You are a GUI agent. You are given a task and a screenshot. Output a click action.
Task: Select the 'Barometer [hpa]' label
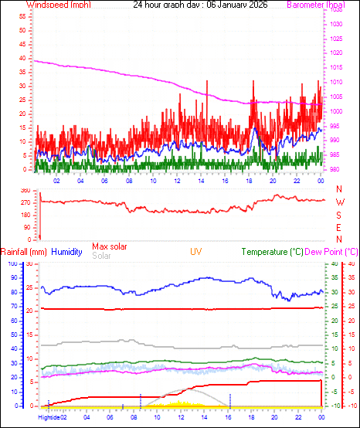(314, 5)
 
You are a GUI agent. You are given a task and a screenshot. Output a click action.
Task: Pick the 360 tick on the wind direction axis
(25, 190)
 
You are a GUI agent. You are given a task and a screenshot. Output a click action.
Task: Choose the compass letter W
(338, 202)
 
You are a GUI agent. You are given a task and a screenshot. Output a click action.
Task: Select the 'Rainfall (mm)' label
(24, 252)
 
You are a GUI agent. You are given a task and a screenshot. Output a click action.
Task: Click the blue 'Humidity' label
(67, 252)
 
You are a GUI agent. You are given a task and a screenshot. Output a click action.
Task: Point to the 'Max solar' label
(110, 246)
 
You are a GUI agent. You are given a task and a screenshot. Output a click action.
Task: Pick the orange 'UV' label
(196, 252)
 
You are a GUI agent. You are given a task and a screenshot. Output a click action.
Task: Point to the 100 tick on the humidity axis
(10, 263)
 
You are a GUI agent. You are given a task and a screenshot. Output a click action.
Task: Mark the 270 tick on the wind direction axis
(25, 202)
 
